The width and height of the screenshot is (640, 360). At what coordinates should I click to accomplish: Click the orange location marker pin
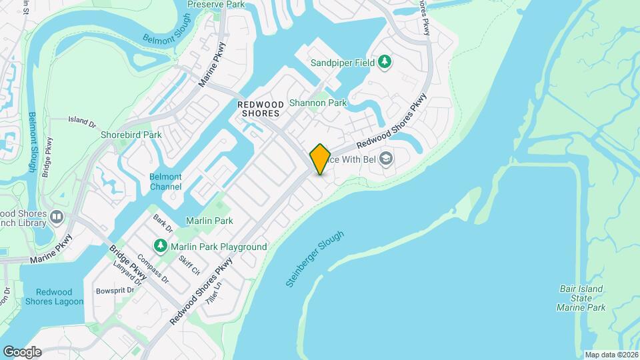[x=320, y=159]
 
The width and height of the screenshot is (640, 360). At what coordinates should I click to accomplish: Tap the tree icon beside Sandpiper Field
[x=384, y=62]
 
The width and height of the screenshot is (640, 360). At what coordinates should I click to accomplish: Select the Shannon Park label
[x=317, y=103]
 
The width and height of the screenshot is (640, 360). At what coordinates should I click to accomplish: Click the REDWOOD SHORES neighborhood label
[x=259, y=109]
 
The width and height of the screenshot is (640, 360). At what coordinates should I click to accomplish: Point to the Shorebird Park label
[x=131, y=135]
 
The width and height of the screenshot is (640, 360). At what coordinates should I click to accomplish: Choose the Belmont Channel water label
[x=165, y=181]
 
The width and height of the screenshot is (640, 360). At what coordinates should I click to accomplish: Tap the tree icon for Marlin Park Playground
[x=161, y=247]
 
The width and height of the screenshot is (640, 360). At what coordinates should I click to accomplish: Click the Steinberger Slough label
[x=315, y=259]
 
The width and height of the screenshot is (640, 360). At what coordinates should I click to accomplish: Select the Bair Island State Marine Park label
[x=581, y=298]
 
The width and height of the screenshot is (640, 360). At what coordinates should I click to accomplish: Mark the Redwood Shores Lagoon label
[x=59, y=297]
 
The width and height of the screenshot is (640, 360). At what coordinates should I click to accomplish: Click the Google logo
[x=22, y=351]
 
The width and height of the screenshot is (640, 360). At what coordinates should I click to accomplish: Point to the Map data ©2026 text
[x=610, y=355]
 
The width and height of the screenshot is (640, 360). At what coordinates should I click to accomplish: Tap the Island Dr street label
[x=82, y=122]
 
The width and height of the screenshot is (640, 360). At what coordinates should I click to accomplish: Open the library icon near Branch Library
[x=57, y=217]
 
